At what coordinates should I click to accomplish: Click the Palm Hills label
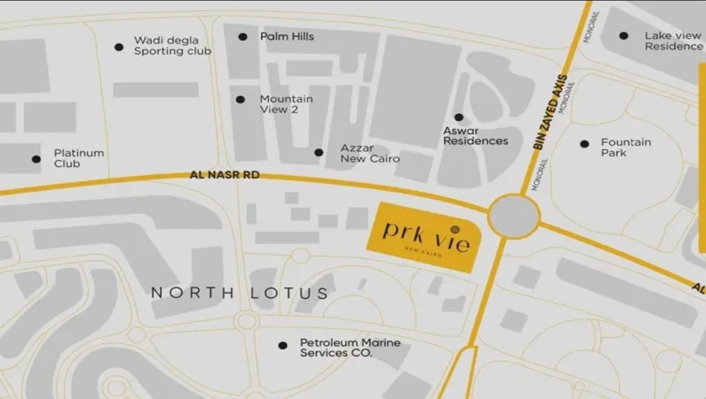tap(287, 37)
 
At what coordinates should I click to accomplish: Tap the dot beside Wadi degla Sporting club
tap(119, 47)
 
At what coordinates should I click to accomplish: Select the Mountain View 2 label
tap(287, 104)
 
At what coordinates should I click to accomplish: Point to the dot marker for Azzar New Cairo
tap(319, 152)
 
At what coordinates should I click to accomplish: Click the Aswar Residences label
tap(475, 136)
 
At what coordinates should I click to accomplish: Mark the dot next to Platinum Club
tap(36, 159)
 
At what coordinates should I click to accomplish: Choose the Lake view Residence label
tap(674, 41)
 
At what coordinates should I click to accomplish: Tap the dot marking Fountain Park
tap(584, 143)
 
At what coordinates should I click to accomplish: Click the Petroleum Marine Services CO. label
tap(350, 348)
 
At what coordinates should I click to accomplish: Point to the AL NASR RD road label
tap(225, 175)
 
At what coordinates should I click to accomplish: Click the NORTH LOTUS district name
tap(239, 293)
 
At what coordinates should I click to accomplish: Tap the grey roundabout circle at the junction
tap(514, 217)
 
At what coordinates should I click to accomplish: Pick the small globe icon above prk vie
tap(455, 229)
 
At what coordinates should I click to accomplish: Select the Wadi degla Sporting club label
tap(172, 45)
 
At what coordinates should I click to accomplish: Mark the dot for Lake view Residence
tap(623, 35)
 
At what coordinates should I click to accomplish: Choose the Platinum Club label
tap(79, 158)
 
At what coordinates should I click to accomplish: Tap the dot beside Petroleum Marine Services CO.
tap(283, 345)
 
